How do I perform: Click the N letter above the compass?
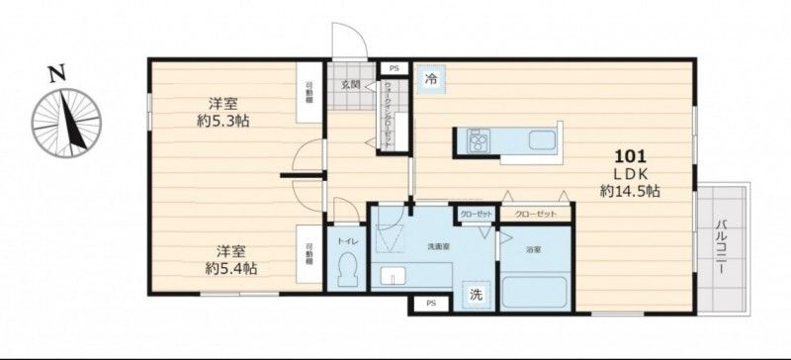57,71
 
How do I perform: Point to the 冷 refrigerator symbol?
431,77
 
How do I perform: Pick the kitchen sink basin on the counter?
542,139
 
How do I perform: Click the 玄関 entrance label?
351,85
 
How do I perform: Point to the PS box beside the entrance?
394,68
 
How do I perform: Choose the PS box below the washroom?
429,303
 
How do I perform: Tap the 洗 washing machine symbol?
476,294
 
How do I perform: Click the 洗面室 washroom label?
439,245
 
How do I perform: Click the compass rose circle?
67,123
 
